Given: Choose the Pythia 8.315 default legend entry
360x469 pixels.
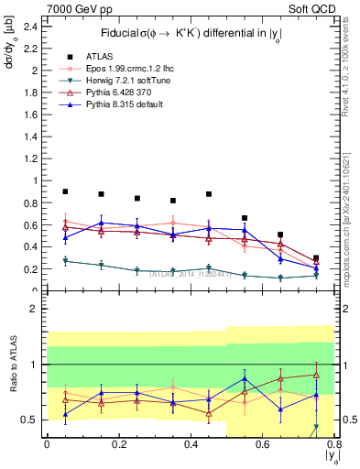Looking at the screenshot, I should coord(125,105).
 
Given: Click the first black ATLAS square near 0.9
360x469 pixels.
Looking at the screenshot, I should coord(65,191).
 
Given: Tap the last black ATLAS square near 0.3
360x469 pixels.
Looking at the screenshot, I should coord(316,258).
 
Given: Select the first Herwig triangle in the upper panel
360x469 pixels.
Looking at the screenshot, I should coord(65,261).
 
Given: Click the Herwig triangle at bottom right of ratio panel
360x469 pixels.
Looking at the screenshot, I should coord(316,427).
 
